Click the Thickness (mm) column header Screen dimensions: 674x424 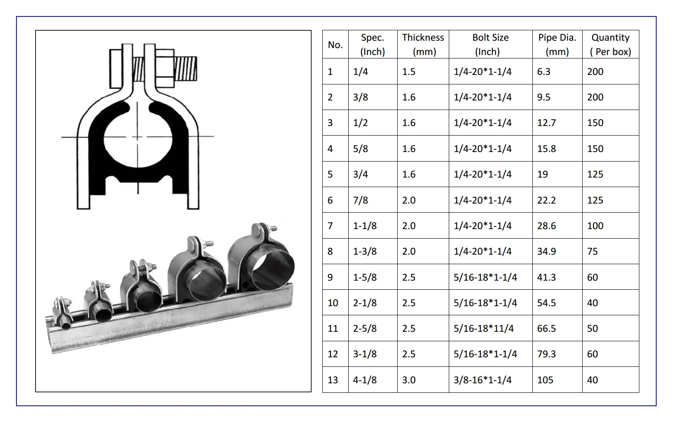[x=423, y=45]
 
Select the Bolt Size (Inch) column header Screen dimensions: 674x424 [x=490, y=45]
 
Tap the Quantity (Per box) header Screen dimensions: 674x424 [x=610, y=45]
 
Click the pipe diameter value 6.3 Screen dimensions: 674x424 [x=544, y=71]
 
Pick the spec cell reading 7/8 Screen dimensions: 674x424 [x=360, y=200]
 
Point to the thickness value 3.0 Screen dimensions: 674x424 [x=408, y=380]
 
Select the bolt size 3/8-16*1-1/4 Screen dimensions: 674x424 [x=483, y=380]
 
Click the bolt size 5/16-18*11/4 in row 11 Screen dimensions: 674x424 [x=483, y=328]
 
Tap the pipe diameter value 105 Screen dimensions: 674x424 [x=545, y=380]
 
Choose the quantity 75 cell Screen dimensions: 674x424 [x=592, y=251]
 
